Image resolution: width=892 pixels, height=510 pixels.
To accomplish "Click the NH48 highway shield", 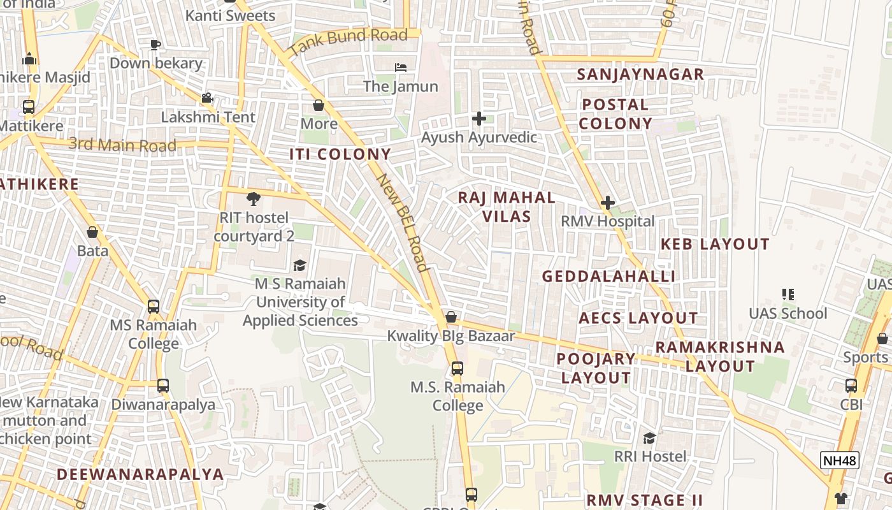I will pyautogui.click(x=840, y=460).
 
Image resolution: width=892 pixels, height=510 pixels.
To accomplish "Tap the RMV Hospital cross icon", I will pyautogui.click(x=608, y=203).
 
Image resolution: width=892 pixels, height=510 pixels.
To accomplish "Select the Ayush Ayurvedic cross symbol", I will pyautogui.click(x=479, y=119).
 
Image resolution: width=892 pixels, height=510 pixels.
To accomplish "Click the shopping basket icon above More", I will pyautogui.click(x=319, y=105).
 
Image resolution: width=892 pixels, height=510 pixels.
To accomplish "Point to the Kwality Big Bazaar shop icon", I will pyautogui.click(x=451, y=317).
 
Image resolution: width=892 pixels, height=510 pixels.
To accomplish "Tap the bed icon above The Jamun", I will pyautogui.click(x=400, y=67).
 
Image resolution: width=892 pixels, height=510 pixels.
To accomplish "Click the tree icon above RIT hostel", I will pyautogui.click(x=254, y=198).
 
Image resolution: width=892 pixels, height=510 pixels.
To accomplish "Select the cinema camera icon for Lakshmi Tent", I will pyautogui.click(x=207, y=98).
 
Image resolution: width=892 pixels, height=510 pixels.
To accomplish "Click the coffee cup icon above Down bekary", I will pyautogui.click(x=155, y=45).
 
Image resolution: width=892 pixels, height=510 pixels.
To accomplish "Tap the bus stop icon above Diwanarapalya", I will pyautogui.click(x=163, y=386).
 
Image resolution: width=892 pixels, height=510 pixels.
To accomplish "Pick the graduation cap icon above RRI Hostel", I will pyautogui.click(x=649, y=438).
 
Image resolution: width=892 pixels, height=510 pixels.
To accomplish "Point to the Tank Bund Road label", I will pyautogui.click(x=348, y=41).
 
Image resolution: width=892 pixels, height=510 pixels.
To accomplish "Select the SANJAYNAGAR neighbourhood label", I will pyautogui.click(x=640, y=74).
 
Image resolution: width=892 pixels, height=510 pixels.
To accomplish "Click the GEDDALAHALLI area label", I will pyautogui.click(x=608, y=276).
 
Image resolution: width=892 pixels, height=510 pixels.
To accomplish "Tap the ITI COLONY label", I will pyautogui.click(x=340, y=154).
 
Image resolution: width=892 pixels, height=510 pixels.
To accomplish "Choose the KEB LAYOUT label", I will pyautogui.click(x=715, y=244).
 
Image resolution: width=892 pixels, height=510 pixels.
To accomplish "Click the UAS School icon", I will pyautogui.click(x=788, y=295).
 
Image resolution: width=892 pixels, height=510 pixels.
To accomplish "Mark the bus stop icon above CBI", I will pyautogui.click(x=851, y=386).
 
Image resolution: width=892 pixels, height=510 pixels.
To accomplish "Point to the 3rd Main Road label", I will pyautogui.click(x=122, y=145).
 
